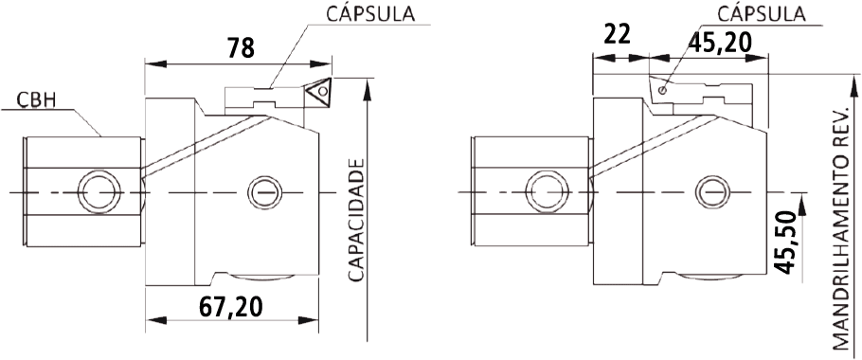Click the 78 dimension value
click(x=241, y=47)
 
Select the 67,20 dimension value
click(x=230, y=307)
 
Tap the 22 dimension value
click(x=617, y=35)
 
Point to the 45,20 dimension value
click(x=719, y=42)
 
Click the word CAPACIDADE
click(x=356, y=221)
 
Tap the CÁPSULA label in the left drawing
click(x=370, y=14)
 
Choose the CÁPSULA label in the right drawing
click(x=762, y=14)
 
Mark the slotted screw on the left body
click(x=264, y=192)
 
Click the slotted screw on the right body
click(x=712, y=192)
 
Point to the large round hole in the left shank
click(x=99, y=192)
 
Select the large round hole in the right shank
click(x=548, y=192)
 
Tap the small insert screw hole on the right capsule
click(x=662, y=91)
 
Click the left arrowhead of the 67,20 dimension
click(x=156, y=320)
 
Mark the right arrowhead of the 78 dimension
click(x=320, y=64)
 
